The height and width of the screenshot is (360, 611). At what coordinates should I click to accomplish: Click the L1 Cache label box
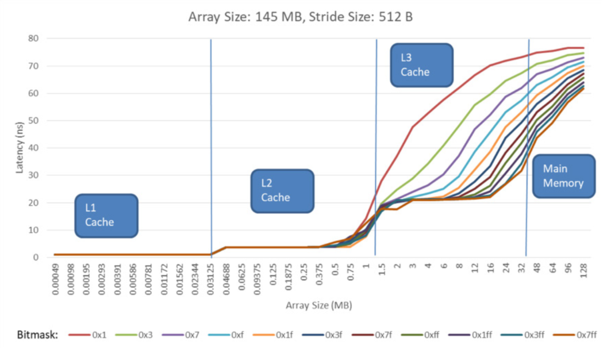pyautogui.click(x=106, y=215)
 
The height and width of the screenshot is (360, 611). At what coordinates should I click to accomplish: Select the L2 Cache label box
pyautogui.click(x=282, y=190)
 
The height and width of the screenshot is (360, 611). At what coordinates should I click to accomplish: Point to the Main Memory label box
pyautogui.click(x=563, y=176)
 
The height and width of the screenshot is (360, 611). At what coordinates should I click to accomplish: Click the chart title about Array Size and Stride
pyautogui.click(x=301, y=17)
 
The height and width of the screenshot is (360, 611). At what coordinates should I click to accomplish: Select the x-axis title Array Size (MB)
pyautogui.click(x=318, y=305)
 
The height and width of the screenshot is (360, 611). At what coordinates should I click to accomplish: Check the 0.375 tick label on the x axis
pyautogui.click(x=319, y=275)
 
